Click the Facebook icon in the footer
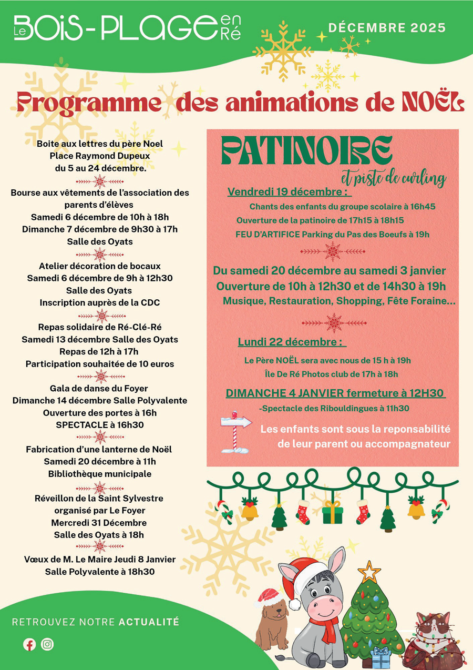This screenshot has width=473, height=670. [29, 644]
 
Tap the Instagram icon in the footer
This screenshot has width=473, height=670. [47, 644]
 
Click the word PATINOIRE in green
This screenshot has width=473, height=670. [306, 150]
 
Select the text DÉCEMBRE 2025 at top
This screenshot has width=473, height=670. [387, 27]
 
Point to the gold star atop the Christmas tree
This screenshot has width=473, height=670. [369, 571]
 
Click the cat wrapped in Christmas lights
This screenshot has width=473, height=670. [433, 639]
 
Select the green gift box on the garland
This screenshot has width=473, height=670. [333, 512]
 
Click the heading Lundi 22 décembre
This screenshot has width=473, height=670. [292, 342]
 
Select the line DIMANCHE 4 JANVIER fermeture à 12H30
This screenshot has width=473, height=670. [336, 393]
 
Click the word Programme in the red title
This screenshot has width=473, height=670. [87, 103]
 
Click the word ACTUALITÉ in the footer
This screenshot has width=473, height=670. [149, 622]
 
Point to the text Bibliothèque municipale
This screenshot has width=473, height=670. [100, 474]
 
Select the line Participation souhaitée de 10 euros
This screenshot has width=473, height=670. [100, 364]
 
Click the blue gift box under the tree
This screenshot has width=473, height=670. [380, 657]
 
